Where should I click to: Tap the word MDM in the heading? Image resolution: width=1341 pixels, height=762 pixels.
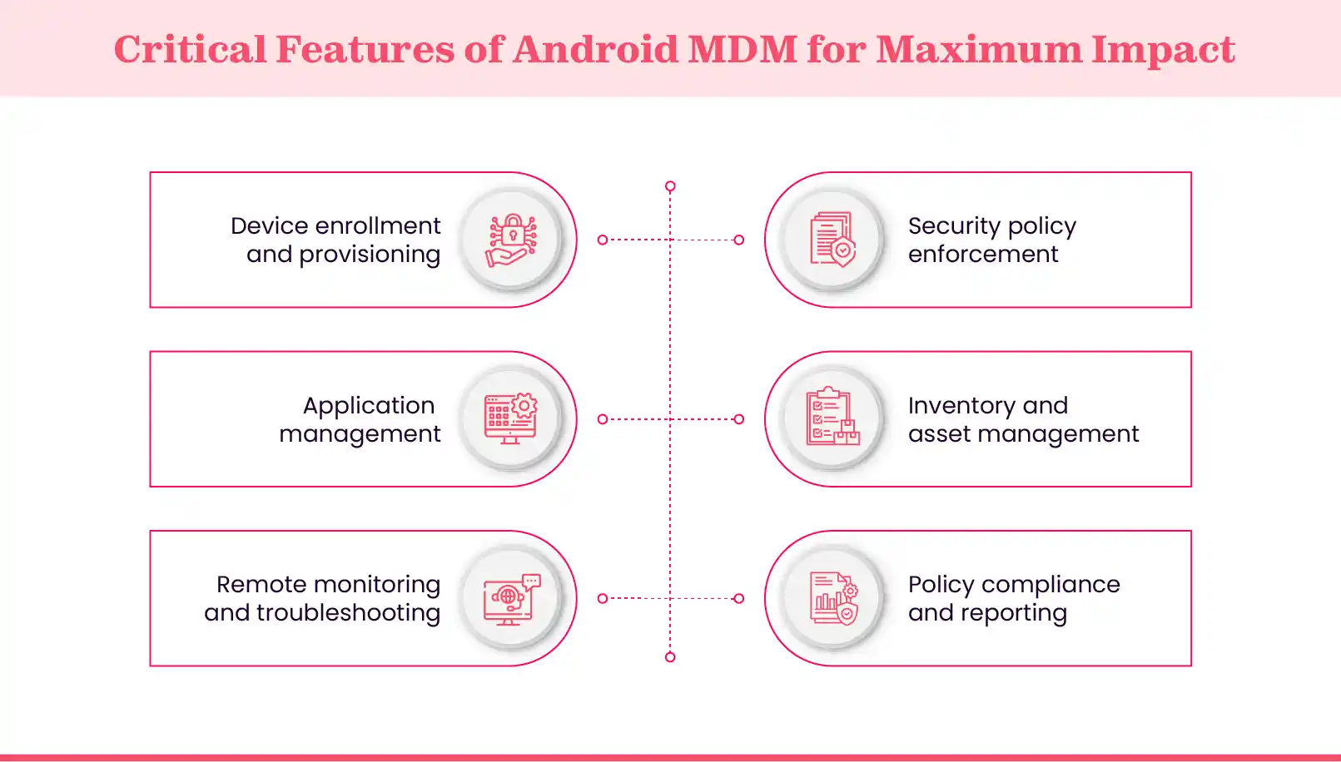point(743,49)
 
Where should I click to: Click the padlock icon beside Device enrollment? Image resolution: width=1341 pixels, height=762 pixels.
point(511,240)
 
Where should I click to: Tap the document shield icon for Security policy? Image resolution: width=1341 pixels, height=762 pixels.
point(832,240)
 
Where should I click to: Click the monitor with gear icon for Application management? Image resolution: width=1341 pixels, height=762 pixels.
point(511,419)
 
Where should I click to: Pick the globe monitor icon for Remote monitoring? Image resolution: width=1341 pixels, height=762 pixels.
point(511,599)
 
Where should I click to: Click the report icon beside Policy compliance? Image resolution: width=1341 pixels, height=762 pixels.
point(832,599)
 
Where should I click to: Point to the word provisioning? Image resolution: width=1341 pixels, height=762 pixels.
point(369,255)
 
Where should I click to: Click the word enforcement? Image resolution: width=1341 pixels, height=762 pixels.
point(983,255)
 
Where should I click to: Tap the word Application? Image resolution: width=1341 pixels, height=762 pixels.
point(368,406)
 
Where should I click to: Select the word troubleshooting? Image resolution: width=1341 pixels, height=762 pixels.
point(348,613)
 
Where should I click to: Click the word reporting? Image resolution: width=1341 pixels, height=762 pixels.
point(1013,613)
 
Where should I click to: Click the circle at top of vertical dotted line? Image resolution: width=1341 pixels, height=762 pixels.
point(670,186)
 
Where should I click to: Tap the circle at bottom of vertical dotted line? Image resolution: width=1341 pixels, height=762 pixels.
point(670,657)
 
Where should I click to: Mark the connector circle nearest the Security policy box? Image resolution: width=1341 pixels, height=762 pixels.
point(738,240)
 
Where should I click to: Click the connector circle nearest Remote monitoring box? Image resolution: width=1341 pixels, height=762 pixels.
point(603,598)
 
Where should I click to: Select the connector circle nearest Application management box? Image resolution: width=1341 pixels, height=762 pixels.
point(603,419)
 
